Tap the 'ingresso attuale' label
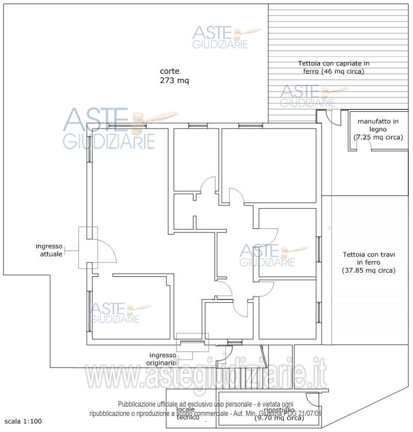49,250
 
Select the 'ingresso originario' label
163,358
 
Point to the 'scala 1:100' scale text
22,421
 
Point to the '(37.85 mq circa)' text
369,270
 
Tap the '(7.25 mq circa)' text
377,138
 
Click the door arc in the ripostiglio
312,400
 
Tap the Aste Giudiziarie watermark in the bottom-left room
115,313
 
